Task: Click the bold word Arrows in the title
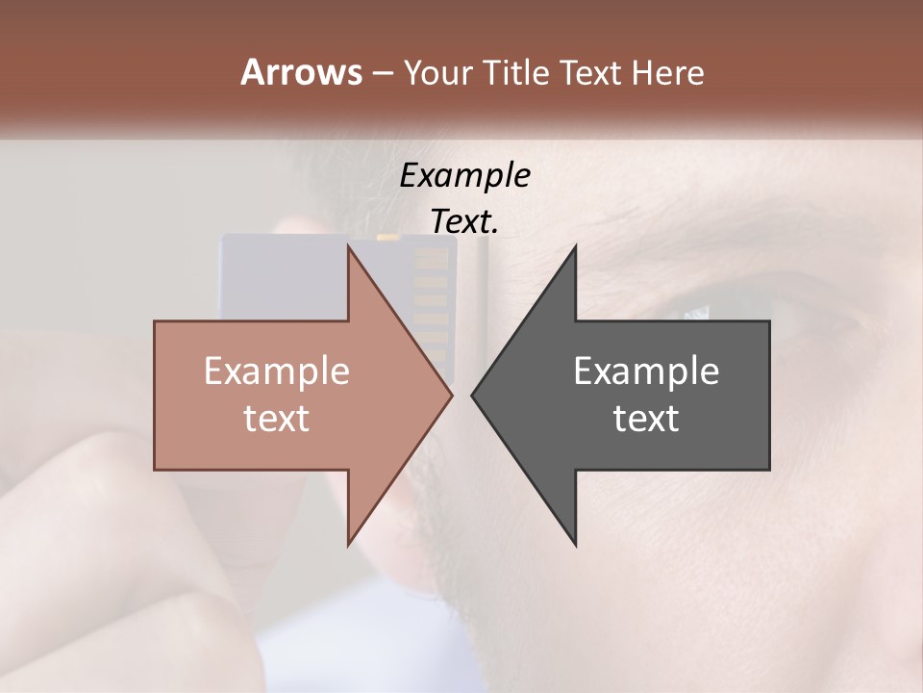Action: (301, 72)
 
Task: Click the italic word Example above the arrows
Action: (464, 175)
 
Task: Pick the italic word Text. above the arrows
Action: (464, 221)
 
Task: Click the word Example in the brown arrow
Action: (277, 372)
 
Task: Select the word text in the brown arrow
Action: (277, 418)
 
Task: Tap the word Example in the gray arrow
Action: (646, 372)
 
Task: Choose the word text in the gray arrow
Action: (646, 418)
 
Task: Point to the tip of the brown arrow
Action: (450, 395)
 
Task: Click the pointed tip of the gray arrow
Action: (473, 395)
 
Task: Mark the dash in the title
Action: (382, 74)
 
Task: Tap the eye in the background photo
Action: (696, 310)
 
